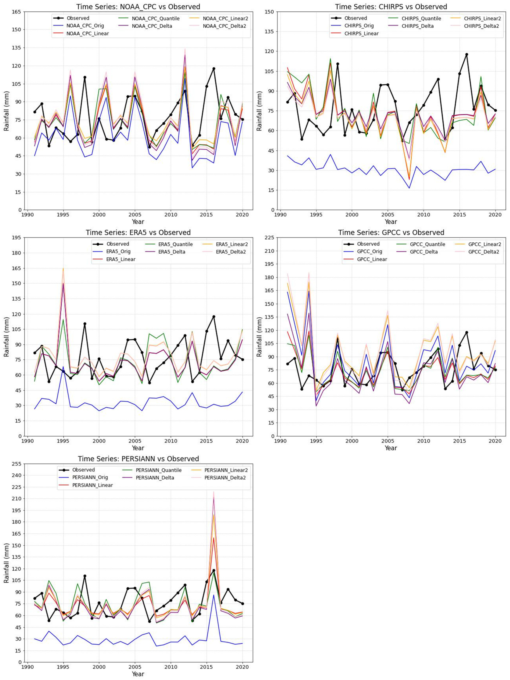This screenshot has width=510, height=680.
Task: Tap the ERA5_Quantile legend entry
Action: pyautogui.click(x=175, y=244)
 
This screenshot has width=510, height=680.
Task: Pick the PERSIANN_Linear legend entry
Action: pyautogui.click(x=92, y=485)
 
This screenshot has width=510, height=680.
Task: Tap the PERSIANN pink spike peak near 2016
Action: pyautogui.click(x=214, y=492)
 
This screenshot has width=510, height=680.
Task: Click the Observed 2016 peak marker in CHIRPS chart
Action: pyautogui.click(x=466, y=55)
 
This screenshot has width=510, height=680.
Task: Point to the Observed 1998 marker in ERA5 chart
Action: pyautogui.click(x=84, y=324)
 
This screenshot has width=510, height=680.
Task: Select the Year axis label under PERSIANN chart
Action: pyautogui.click(x=138, y=674)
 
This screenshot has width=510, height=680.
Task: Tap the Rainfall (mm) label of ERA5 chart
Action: pyautogui.click(x=6, y=337)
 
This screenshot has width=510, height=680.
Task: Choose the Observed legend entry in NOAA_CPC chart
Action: pyautogui.click(x=78, y=18)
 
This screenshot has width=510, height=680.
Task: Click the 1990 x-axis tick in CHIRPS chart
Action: pyautogui.click(x=280, y=215)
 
